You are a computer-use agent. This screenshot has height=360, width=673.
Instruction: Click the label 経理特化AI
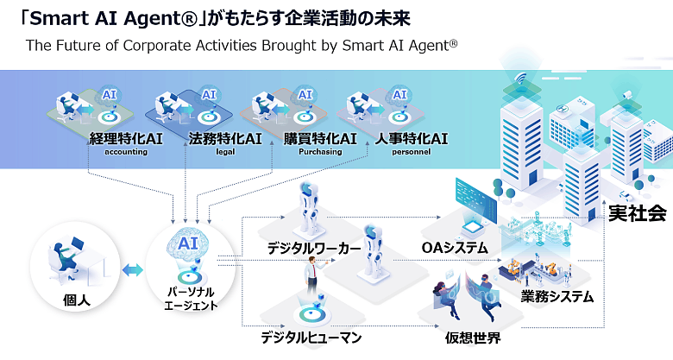126,138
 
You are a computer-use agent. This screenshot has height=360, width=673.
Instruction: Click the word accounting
126,152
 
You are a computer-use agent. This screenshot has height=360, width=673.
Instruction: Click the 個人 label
77,300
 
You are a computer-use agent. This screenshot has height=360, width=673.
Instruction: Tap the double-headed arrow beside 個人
133,270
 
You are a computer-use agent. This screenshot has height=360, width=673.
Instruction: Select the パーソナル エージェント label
192,299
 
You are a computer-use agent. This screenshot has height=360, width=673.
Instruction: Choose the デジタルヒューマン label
311,337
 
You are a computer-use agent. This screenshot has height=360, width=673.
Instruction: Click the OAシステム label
455,248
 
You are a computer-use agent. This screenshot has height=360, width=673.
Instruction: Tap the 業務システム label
557,297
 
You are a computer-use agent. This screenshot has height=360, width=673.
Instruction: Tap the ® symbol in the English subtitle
453,41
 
